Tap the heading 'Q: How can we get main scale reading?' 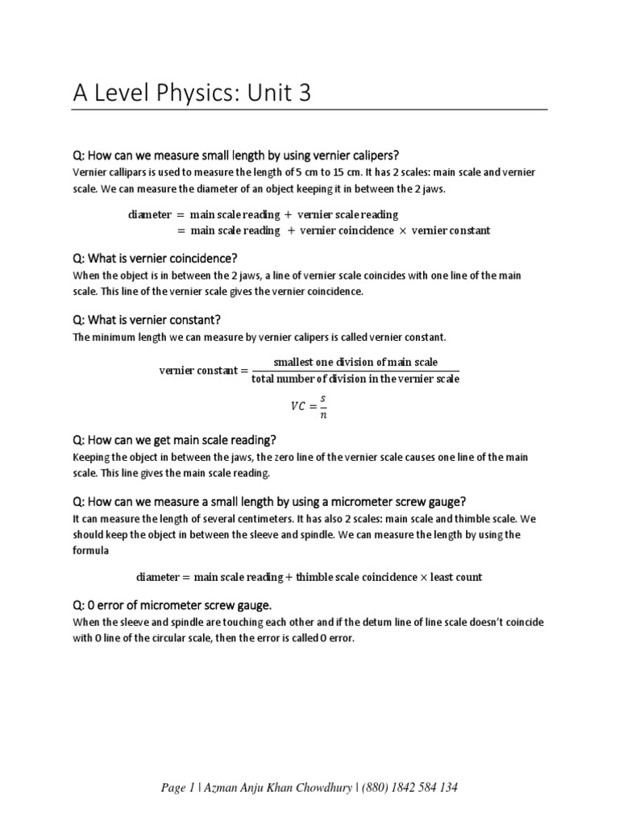tap(175, 440)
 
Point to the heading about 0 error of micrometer tap(172, 605)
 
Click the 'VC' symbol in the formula tap(299, 407)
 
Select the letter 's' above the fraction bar tap(323, 398)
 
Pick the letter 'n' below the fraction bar tap(323, 416)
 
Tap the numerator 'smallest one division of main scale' tap(355, 362)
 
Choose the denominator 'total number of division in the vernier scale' tap(355, 379)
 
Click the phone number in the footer tap(412, 787)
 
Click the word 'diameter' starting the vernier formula tap(150, 214)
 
